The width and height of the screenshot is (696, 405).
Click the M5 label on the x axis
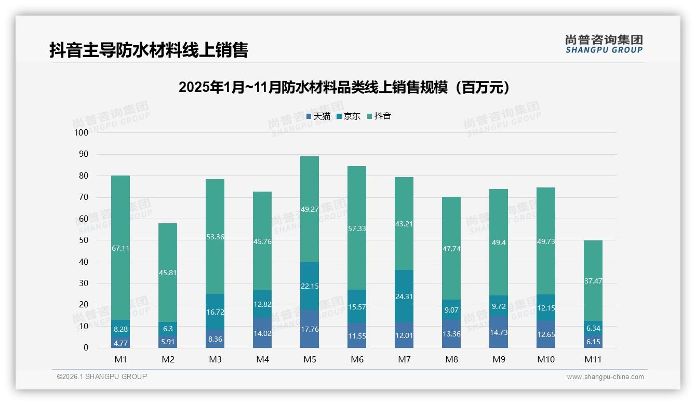pyautogui.click(x=310, y=359)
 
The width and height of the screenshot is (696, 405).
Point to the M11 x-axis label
pyautogui.click(x=593, y=359)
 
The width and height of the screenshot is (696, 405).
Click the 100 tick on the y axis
pyautogui.click(x=82, y=132)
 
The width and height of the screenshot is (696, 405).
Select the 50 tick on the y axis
pyautogui.click(x=83, y=240)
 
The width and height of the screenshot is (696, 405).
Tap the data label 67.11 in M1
pyautogui.click(x=121, y=248)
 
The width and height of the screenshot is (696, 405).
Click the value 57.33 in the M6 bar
pyautogui.click(x=357, y=228)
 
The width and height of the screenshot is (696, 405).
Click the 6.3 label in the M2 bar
pyautogui.click(x=168, y=329)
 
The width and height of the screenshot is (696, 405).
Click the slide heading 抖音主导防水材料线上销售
pyautogui.click(x=149, y=50)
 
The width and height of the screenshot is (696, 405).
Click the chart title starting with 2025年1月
pyautogui.click(x=344, y=87)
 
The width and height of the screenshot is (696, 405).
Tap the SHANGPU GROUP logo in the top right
pyautogui.click(x=604, y=44)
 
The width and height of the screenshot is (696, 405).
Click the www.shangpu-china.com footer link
pyautogui.click(x=605, y=377)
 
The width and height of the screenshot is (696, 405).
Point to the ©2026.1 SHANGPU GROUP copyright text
pyautogui.click(x=102, y=376)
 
